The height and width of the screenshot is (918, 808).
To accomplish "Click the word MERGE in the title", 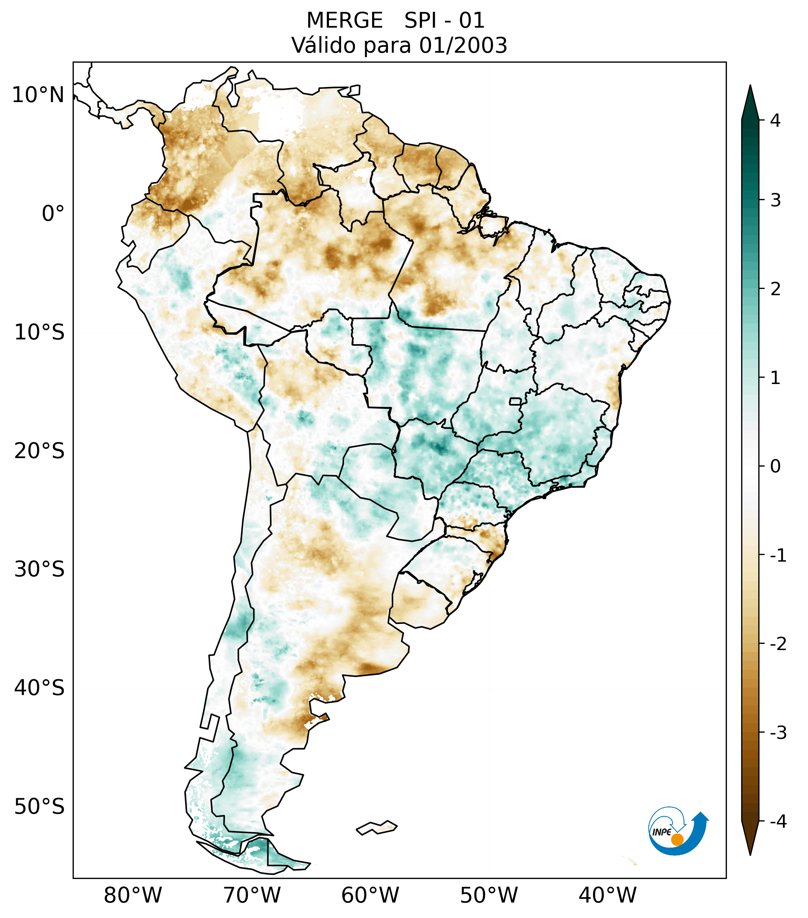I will pyautogui.click(x=344, y=21).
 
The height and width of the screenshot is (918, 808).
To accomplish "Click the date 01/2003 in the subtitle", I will pyautogui.click(x=463, y=45).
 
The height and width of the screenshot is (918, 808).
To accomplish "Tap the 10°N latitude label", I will pyautogui.click(x=38, y=95).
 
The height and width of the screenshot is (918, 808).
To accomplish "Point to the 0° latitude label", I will pyautogui.click(x=53, y=214).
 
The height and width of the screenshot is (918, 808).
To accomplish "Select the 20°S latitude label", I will pyautogui.click(x=39, y=451).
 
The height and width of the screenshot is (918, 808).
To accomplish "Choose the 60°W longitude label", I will pyautogui.click(x=370, y=896).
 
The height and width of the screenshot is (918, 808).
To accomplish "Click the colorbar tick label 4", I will pyautogui.click(x=775, y=121).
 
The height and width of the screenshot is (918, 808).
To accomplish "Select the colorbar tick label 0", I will pyautogui.click(x=775, y=467).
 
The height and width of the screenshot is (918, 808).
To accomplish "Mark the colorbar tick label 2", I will pyautogui.click(x=775, y=289).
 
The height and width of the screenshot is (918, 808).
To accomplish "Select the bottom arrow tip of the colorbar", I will pyautogui.click(x=750, y=854).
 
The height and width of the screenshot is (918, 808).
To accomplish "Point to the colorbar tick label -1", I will pyautogui.click(x=778, y=556).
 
